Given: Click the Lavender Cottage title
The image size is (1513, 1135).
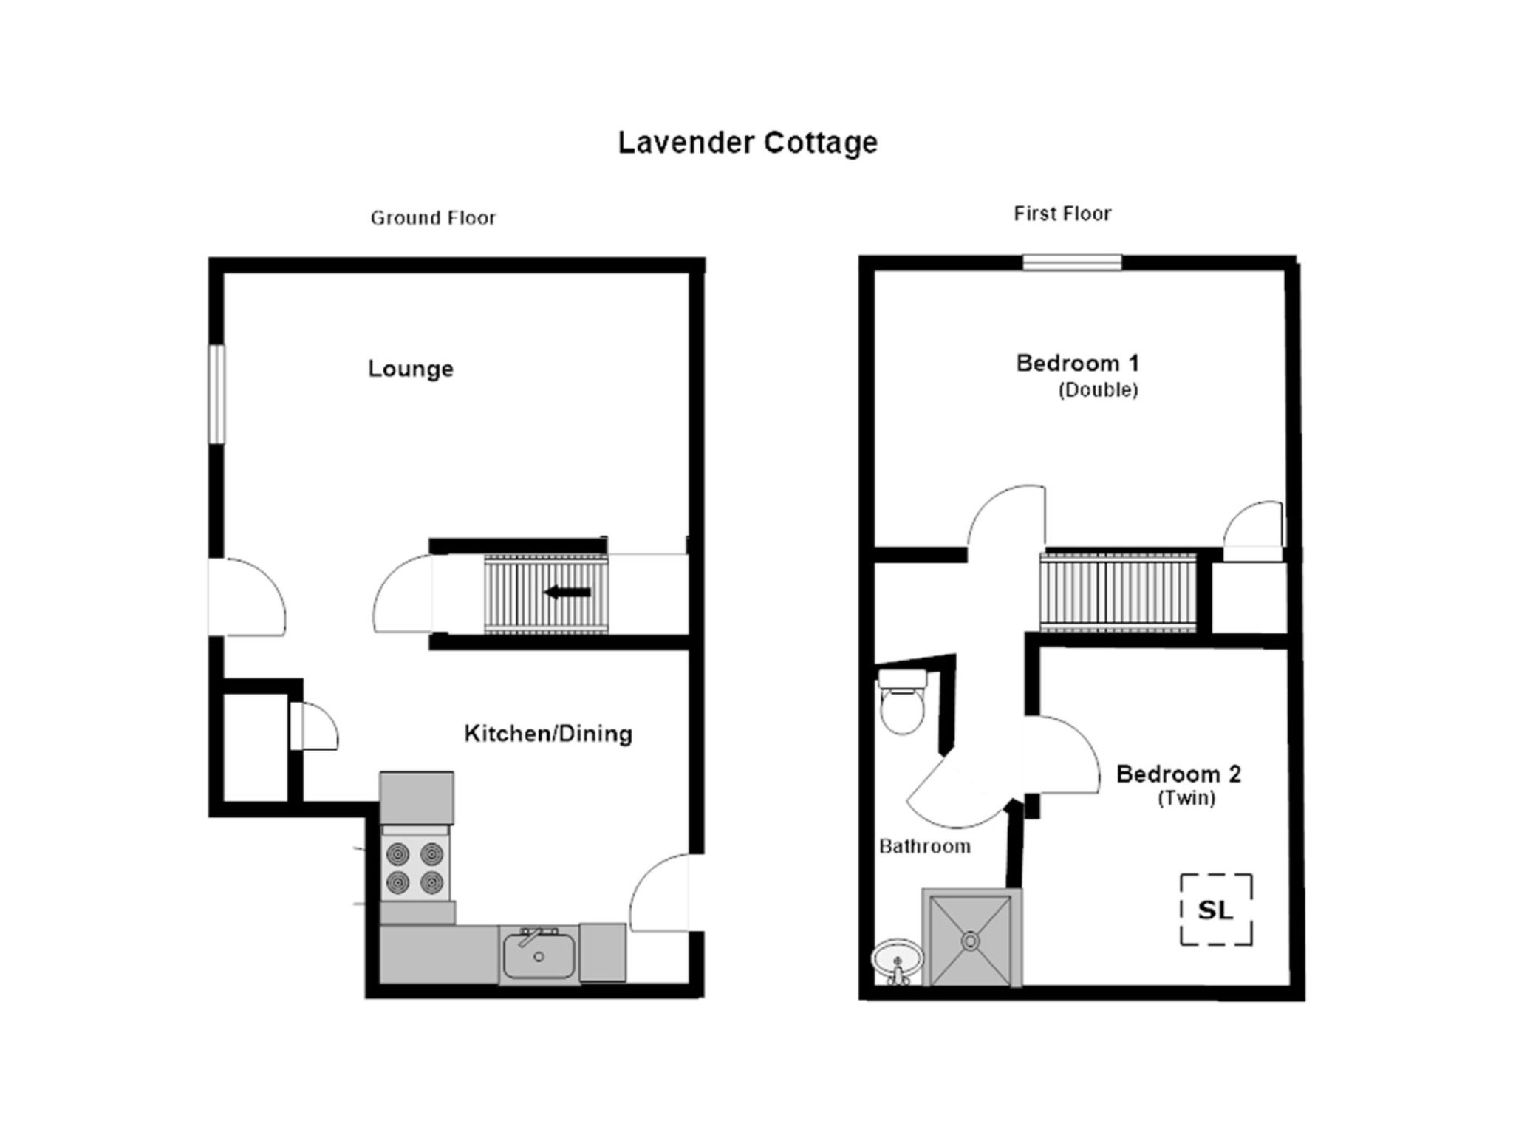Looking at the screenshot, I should point(748,143).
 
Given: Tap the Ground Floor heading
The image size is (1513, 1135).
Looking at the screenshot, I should point(433,218).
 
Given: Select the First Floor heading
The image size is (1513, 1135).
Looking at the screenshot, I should point(1062,214).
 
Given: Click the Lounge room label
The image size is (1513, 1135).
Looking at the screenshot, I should point(411,369).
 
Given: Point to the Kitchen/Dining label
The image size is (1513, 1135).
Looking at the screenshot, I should point(548,734).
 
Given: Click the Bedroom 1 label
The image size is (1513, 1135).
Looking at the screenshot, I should point(1077,364).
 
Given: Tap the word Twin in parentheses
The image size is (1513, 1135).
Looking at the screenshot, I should point(1186,798).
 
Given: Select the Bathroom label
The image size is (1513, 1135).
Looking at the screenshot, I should point(924,846).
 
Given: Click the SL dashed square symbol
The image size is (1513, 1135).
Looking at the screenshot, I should point(1216,910).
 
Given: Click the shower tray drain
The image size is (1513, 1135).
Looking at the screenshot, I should point(970,941).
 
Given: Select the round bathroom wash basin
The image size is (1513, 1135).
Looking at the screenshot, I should point(897,961).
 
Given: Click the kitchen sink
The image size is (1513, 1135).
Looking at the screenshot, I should point(539,955).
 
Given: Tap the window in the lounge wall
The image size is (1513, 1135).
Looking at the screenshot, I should point(216,394).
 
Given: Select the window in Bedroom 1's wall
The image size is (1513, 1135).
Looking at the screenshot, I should point(1072,262).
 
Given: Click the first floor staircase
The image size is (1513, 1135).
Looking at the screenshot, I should point(1118,593).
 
